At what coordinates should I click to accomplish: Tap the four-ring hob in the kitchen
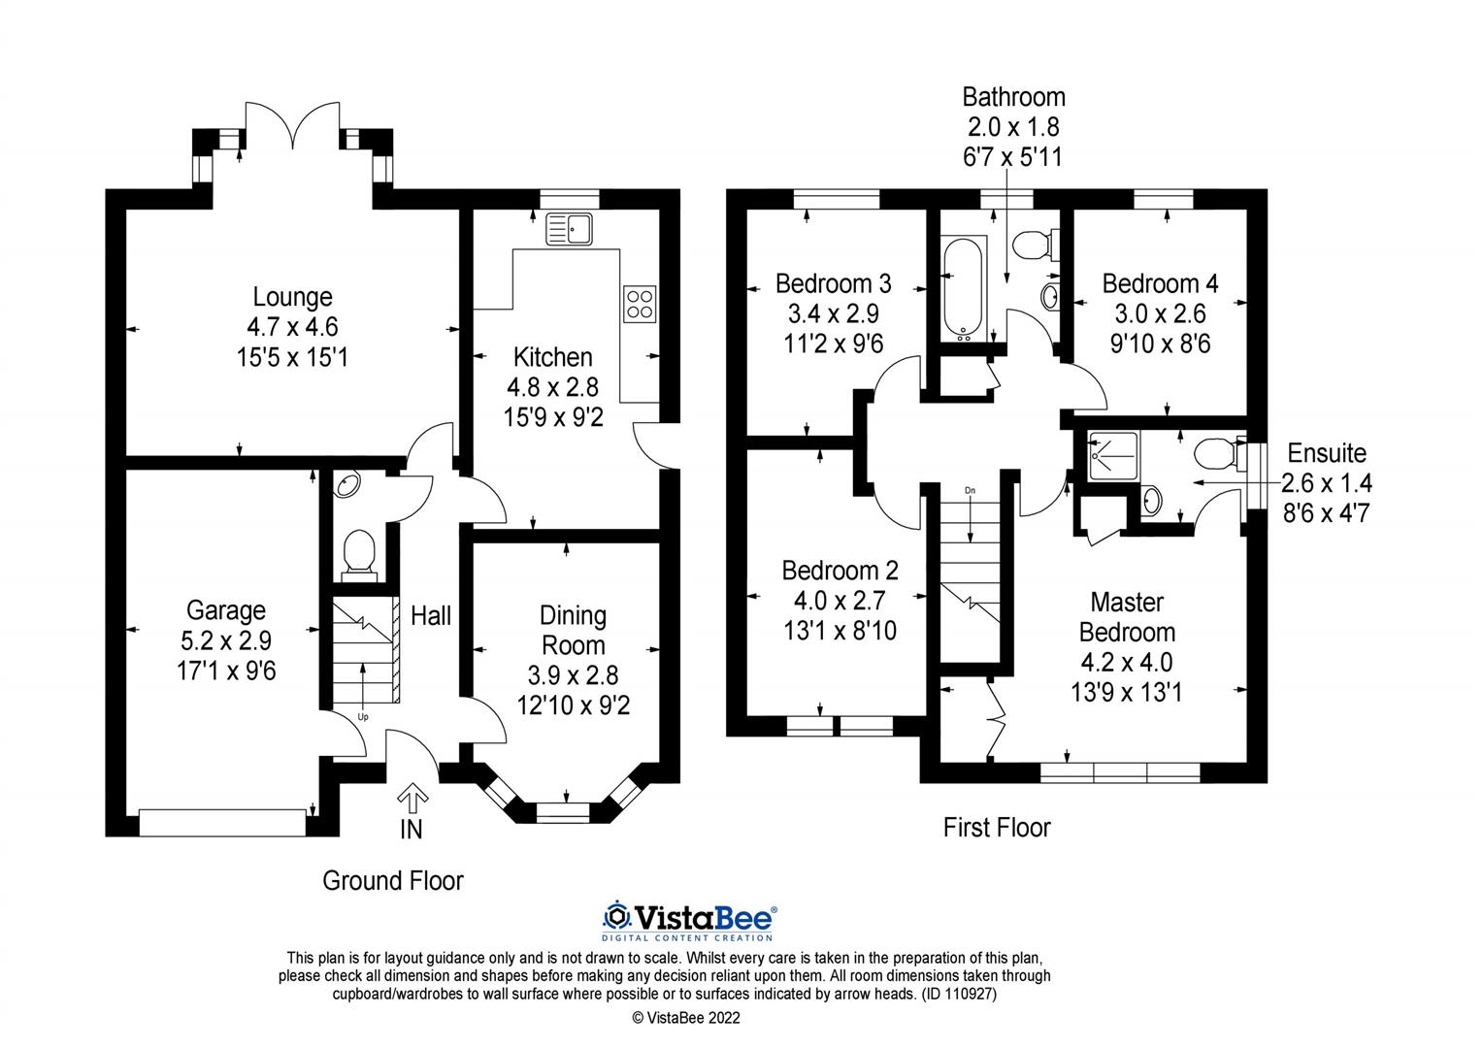[x=639, y=304]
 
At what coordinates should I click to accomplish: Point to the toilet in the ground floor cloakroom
[x=359, y=553]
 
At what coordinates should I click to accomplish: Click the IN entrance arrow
[x=412, y=799]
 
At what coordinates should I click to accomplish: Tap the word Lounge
[x=292, y=297]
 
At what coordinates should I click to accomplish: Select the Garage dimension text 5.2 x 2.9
[x=226, y=640]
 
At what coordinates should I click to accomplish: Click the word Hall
[x=430, y=615]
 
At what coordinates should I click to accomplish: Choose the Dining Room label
[x=573, y=631]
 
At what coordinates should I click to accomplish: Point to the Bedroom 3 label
[x=833, y=283]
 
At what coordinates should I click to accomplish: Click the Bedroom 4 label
[x=1160, y=283]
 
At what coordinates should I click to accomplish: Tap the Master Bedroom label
[x=1127, y=617]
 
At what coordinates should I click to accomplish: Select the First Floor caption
[x=997, y=828]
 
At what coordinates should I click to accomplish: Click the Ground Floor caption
[x=392, y=881]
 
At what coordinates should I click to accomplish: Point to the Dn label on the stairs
[x=969, y=491]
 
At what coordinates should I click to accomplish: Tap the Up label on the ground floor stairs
[x=364, y=717]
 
